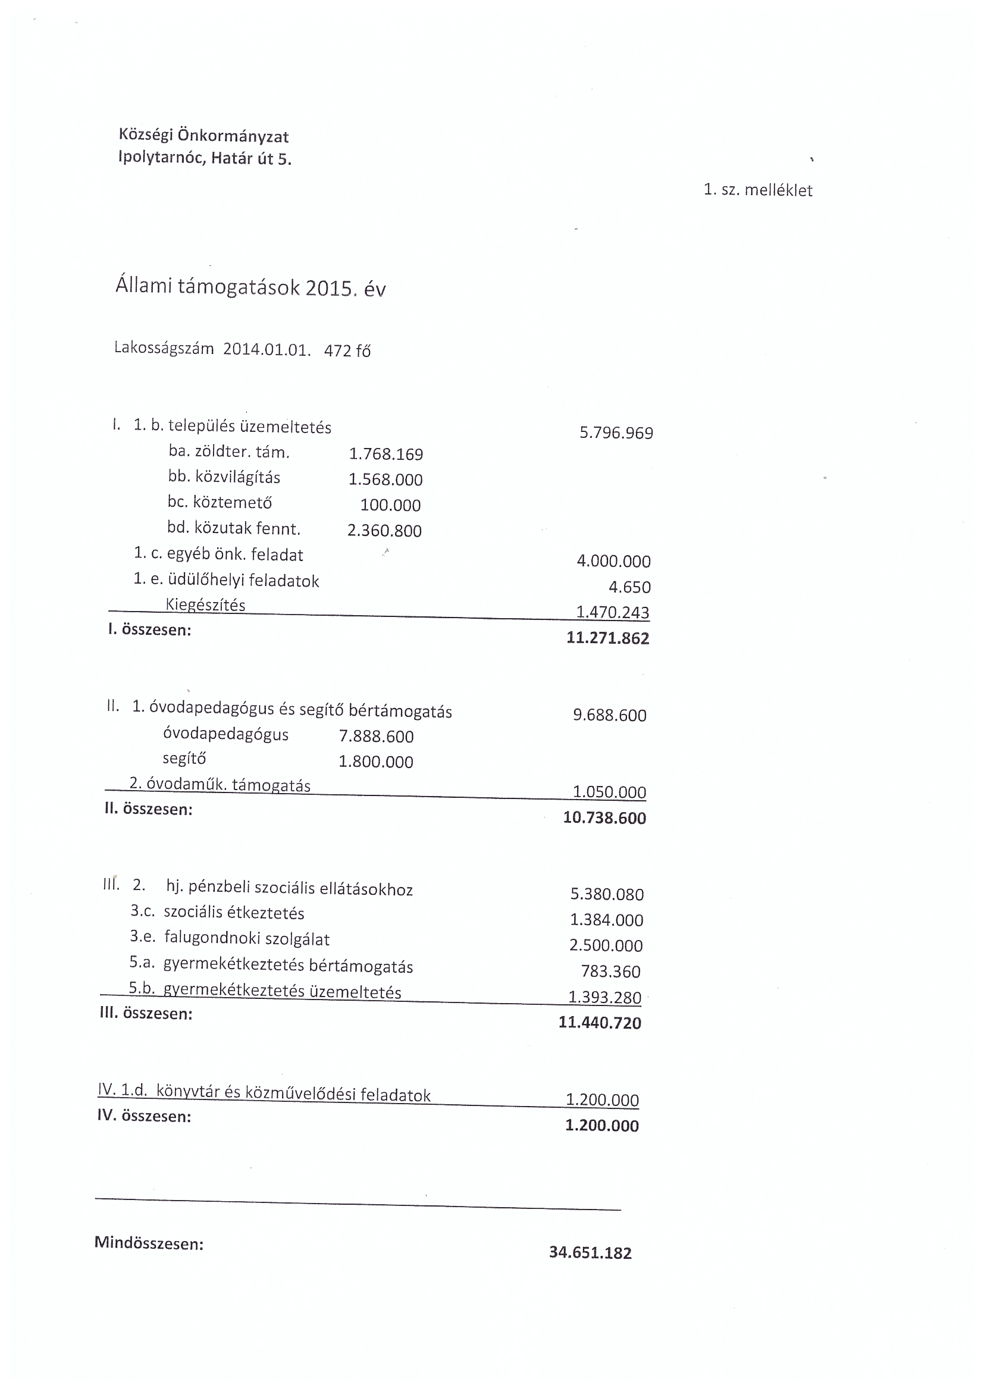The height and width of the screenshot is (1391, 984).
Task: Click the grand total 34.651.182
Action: click(x=590, y=1252)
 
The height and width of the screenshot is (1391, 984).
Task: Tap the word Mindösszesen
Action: click(x=149, y=1244)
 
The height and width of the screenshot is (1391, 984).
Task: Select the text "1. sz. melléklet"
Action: click(x=757, y=190)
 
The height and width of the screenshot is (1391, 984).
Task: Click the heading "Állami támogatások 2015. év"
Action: click(x=250, y=287)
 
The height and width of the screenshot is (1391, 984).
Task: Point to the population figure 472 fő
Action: click(x=347, y=350)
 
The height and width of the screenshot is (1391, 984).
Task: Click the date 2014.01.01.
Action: click(x=267, y=350)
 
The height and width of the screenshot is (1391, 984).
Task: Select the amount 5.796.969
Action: click(x=616, y=433)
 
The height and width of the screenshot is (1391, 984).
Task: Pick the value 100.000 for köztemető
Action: click(x=390, y=505)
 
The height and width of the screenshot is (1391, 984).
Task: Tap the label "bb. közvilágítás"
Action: click(x=224, y=477)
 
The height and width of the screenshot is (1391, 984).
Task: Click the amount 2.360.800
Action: click(x=384, y=530)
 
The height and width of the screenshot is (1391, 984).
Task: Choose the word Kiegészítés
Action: click(x=205, y=604)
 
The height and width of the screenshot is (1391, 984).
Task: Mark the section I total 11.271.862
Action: click(x=608, y=638)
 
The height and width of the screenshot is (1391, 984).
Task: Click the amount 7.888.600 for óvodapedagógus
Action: click(x=376, y=736)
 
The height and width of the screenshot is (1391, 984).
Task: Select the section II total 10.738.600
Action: click(x=604, y=817)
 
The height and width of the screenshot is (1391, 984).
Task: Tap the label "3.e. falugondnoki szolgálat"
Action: click(x=230, y=938)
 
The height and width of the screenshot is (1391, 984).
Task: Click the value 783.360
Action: click(x=611, y=971)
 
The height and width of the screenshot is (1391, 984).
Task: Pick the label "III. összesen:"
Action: click(x=146, y=1014)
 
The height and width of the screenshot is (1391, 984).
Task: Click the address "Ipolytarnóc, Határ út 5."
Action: click(x=205, y=159)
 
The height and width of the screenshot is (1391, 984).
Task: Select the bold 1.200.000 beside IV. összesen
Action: click(x=601, y=1125)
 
